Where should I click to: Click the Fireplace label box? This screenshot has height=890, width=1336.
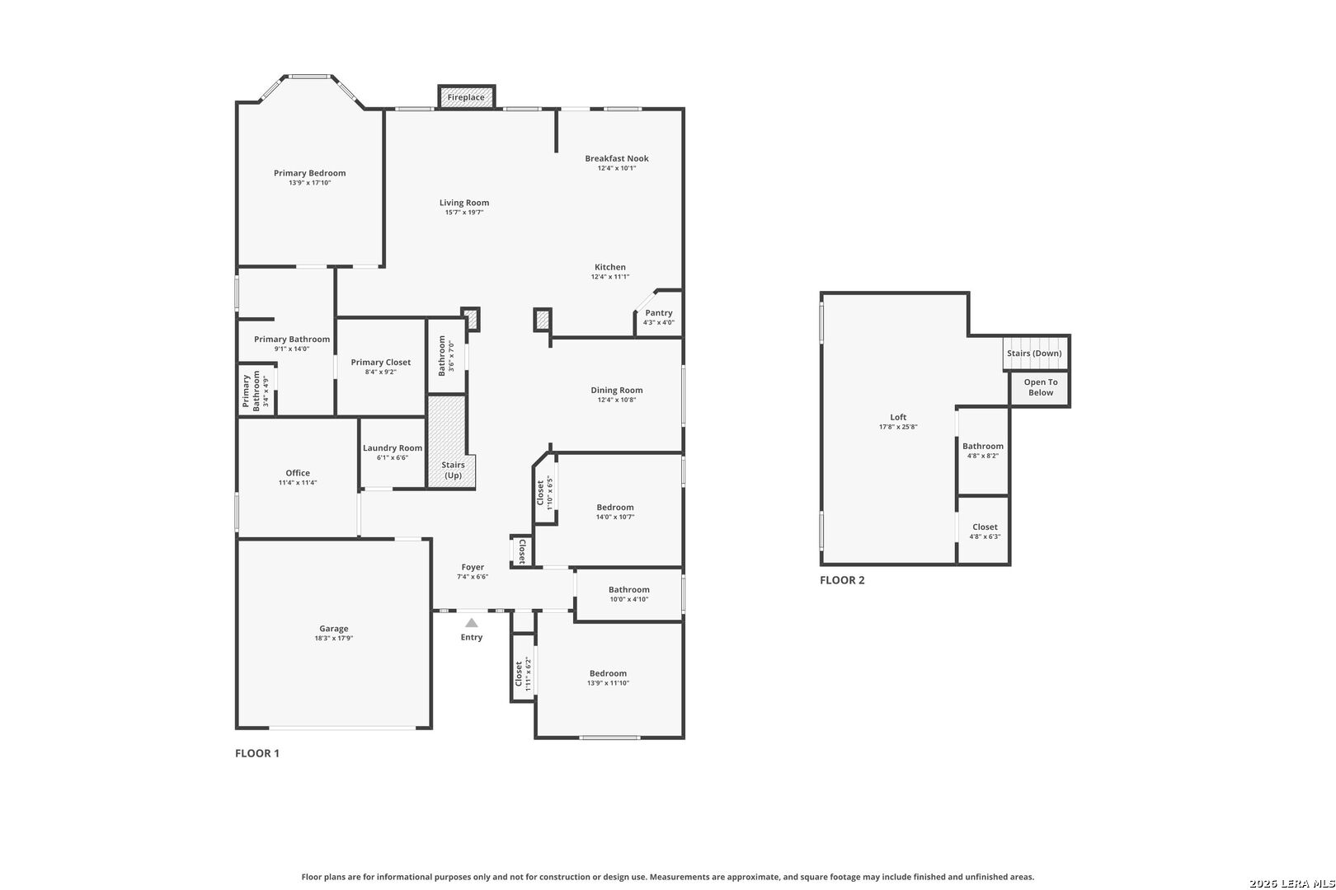(x=467, y=97)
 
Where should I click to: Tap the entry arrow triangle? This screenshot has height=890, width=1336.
(x=472, y=623)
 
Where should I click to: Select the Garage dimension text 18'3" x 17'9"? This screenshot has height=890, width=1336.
(x=334, y=639)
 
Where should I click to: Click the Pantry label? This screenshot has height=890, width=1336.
(x=658, y=313)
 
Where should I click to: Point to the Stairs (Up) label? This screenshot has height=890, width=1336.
(x=454, y=470)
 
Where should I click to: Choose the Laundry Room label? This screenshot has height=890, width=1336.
(x=393, y=448)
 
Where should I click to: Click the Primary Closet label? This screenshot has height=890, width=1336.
(x=380, y=363)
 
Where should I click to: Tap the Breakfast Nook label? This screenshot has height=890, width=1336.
(x=617, y=158)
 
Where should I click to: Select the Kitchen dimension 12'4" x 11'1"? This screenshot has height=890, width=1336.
(x=610, y=277)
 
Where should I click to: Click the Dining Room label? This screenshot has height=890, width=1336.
(x=617, y=391)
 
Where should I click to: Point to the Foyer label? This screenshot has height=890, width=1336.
(x=473, y=568)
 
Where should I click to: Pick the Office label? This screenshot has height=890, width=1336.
(x=298, y=473)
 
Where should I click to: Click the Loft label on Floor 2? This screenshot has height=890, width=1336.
(x=898, y=417)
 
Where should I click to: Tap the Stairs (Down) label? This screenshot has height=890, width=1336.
(x=1034, y=354)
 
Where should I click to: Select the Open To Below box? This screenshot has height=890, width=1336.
(x=1040, y=388)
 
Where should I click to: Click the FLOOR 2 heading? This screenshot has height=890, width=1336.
(x=842, y=580)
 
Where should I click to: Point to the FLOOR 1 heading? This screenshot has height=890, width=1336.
(x=257, y=753)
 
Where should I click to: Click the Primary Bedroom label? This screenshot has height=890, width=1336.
(x=309, y=174)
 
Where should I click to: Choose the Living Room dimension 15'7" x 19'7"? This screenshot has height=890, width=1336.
(x=464, y=213)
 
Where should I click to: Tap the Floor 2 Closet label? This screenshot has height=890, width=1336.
(x=985, y=527)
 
